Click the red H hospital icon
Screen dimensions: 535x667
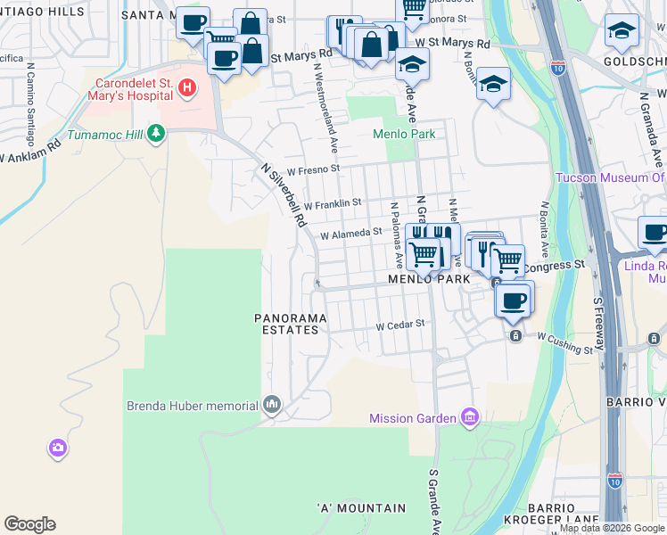point(187,87)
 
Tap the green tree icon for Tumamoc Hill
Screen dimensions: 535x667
point(157,134)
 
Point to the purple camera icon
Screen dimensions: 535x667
point(58,448)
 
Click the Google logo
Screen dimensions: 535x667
point(29,524)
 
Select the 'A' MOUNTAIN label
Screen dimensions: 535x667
point(361,508)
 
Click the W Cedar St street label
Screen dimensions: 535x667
point(399,325)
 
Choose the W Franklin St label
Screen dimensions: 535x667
point(333,203)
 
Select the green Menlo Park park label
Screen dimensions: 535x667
point(403,135)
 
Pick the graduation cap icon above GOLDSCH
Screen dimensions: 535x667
point(622,31)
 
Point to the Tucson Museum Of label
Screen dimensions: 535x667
point(610,177)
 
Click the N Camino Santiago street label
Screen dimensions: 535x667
point(29,107)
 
